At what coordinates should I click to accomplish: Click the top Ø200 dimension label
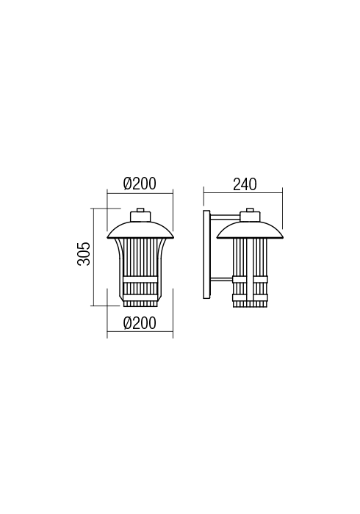pos(140,184)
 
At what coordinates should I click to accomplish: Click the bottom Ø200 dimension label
pos(140,323)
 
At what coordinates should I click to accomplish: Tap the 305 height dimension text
pos(84,254)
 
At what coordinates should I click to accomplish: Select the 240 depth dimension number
pos(245,184)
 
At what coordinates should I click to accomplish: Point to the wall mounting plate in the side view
pos(206,254)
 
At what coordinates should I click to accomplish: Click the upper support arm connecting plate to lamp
pos(225,216)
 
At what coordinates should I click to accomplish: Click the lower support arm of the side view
pos(221,280)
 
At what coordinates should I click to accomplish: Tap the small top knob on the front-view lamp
pos(140,210)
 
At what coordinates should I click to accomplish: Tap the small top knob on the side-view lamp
pos(250,210)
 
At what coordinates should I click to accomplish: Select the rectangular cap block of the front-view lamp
pos(140,217)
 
